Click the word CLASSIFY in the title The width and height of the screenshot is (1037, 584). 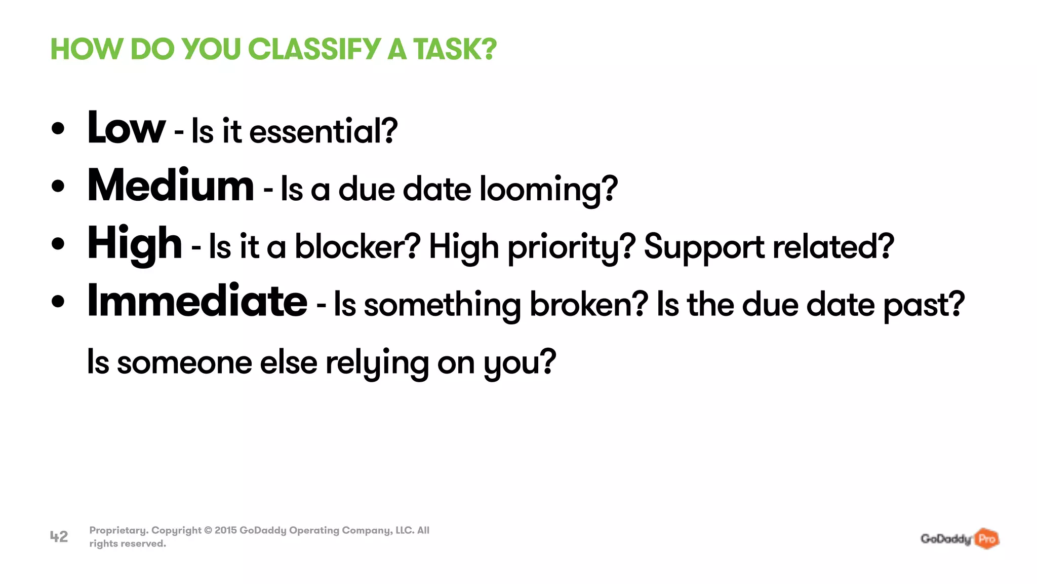(x=314, y=49)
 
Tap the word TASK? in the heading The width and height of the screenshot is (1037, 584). (x=455, y=49)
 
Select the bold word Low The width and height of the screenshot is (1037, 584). (x=126, y=128)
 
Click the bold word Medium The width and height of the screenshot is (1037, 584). (x=171, y=186)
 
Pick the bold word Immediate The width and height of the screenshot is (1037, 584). (x=197, y=301)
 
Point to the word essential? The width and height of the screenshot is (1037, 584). (x=323, y=131)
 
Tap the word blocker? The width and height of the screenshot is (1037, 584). (x=357, y=247)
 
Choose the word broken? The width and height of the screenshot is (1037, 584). (x=589, y=305)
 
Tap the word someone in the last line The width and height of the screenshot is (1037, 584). (x=184, y=363)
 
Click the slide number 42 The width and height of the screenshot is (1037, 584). (x=59, y=536)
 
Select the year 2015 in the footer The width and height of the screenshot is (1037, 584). (x=225, y=530)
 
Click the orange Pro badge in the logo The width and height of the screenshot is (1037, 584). (x=987, y=538)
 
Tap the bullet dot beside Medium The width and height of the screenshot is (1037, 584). (x=58, y=186)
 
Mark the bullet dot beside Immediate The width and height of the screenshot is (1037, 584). (x=58, y=302)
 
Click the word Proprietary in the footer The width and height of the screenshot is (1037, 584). (x=119, y=530)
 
